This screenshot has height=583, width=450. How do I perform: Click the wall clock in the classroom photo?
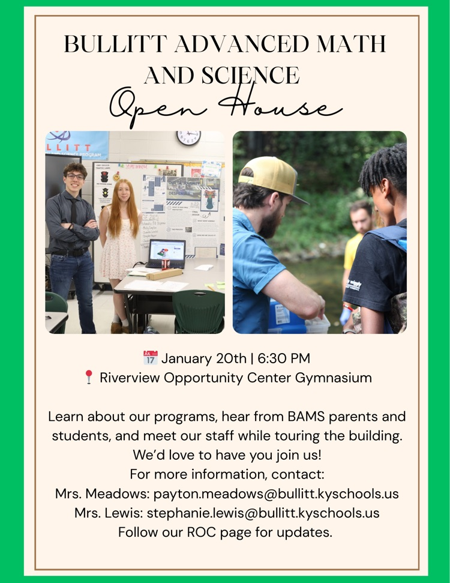pos(188,138)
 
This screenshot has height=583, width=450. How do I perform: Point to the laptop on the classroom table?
pos(166,253)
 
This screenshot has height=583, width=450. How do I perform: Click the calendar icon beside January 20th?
pos(150,358)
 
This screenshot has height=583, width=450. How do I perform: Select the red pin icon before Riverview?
pos(88,378)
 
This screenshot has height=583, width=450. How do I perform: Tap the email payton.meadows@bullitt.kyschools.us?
pos(276,494)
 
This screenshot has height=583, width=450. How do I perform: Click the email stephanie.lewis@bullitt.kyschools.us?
pos(263,513)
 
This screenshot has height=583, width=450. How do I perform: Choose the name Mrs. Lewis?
pos(108,513)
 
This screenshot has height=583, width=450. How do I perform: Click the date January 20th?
pos(204,358)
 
